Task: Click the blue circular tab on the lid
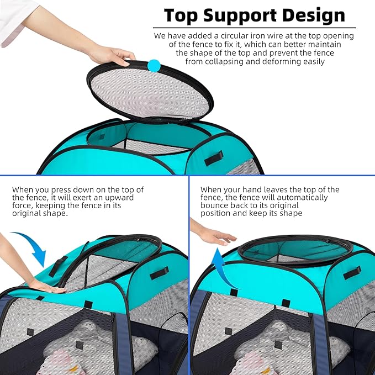(153, 66)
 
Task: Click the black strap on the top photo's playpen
(214, 159)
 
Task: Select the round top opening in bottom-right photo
(296, 249)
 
